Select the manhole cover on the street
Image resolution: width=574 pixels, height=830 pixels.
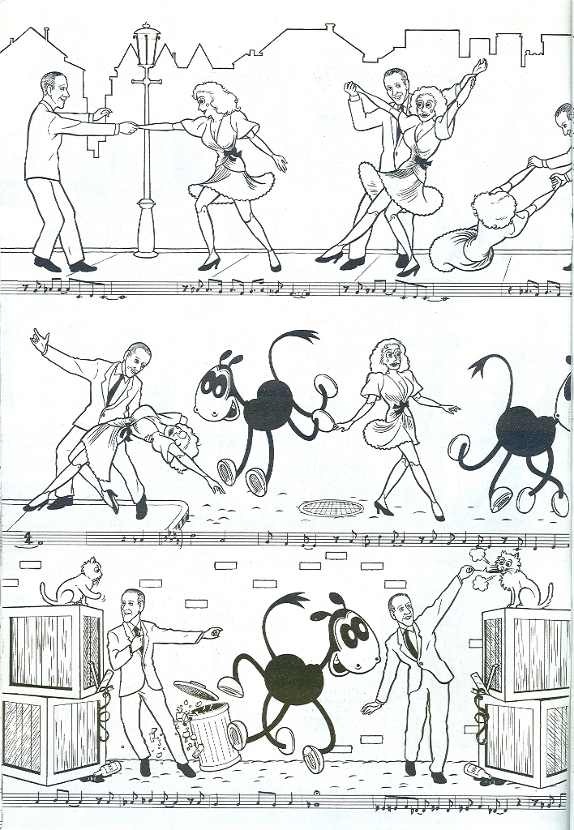(331, 507)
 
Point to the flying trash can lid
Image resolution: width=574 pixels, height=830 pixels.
(195, 689)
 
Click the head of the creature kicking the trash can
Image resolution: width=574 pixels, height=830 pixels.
(349, 636)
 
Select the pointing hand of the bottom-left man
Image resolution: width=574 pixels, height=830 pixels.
(212, 631)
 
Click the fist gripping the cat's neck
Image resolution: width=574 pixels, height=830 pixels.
(465, 571)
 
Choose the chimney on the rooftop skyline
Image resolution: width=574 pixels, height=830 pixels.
(329, 28)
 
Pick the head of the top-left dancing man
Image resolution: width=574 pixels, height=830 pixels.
(54, 90)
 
